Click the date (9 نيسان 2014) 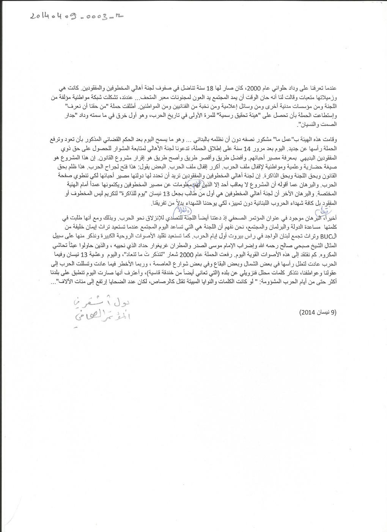318,312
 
